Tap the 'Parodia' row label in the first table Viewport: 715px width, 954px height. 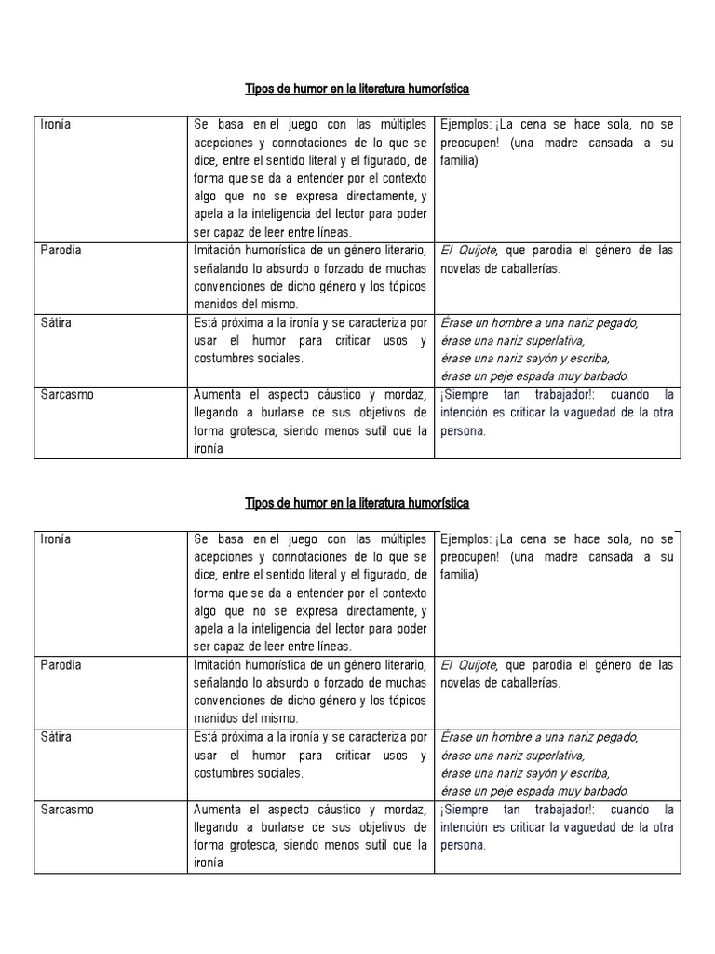tap(61, 251)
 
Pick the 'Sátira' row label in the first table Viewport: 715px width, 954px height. tap(56, 322)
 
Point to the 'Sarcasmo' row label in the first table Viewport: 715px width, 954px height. tap(66, 394)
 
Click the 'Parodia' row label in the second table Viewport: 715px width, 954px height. tap(61, 665)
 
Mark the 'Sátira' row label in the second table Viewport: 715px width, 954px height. tap(56, 737)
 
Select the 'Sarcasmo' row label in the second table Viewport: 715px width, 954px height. tap(66, 809)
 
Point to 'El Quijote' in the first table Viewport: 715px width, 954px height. tap(469, 251)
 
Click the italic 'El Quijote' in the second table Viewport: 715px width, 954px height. tap(469, 665)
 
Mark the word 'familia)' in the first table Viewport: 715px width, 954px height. tap(459, 160)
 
